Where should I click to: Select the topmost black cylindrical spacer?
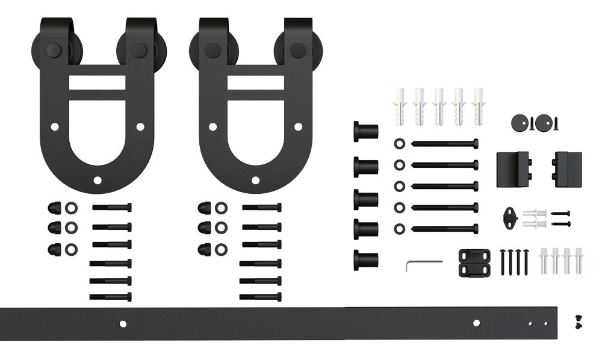365,131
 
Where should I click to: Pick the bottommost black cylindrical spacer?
365,259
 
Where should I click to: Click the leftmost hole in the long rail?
123,324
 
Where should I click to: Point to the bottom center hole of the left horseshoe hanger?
98,180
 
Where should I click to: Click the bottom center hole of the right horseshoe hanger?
255,180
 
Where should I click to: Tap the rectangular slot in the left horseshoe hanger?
97,82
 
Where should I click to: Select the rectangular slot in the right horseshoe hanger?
255,82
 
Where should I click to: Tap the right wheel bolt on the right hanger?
297,50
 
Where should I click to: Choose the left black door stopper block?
513,169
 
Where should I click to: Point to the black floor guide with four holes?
474,262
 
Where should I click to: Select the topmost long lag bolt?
445,144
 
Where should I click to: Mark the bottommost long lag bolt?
445,229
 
